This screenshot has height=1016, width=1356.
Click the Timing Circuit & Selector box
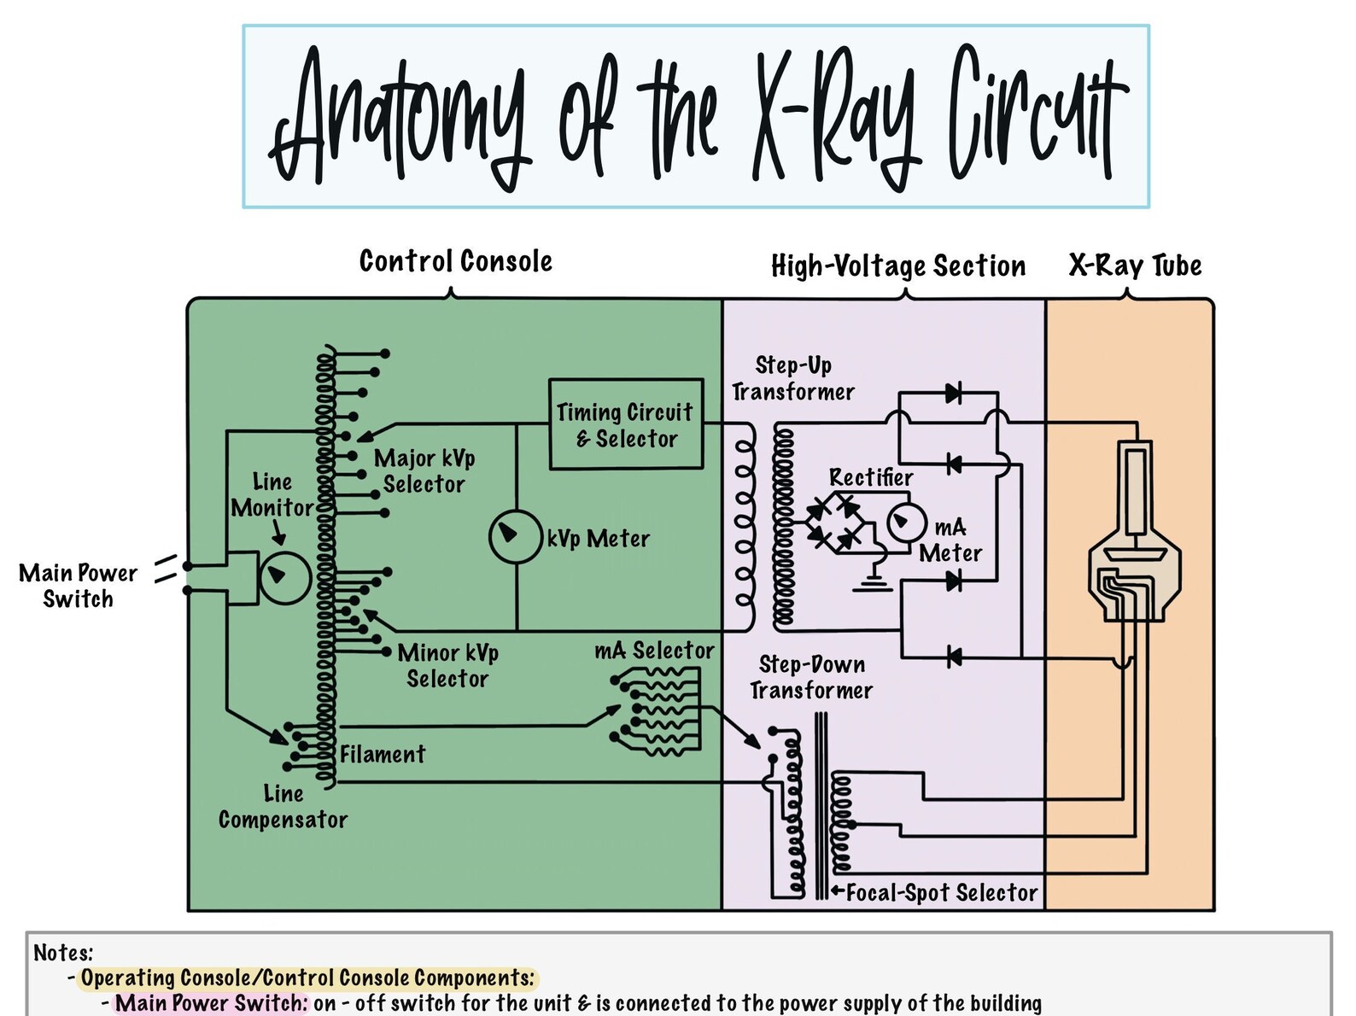pyautogui.click(x=626, y=424)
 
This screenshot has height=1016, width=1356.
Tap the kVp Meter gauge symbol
pyautogui.click(x=515, y=536)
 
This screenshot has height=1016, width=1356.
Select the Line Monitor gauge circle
pyautogui.click(x=284, y=578)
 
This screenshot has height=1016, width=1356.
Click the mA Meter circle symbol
pyautogui.click(x=906, y=523)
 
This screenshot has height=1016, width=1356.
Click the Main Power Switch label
pyautogui.click(x=78, y=586)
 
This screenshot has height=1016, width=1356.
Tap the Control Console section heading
pyautogui.click(x=455, y=261)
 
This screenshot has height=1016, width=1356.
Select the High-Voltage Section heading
pyautogui.click(x=897, y=266)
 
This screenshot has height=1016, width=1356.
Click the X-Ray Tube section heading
pyautogui.click(x=1135, y=266)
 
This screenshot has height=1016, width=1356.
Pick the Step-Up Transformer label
pyautogui.click(x=792, y=379)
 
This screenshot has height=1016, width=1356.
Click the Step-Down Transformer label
pyautogui.click(x=811, y=678)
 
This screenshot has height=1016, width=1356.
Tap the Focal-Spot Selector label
pyautogui.click(x=941, y=893)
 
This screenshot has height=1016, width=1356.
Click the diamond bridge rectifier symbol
pyautogui.click(x=833, y=523)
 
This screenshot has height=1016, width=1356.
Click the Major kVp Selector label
pyautogui.click(x=424, y=471)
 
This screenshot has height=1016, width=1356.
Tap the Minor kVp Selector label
pyautogui.click(x=447, y=666)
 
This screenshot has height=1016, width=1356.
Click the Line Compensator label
pyautogui.click(x=283, y=807)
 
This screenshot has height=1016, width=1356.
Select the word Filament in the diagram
pyautogui.click(x=382, y=755)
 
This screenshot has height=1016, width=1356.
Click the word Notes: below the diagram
pyautogui.click(x=63, y=953)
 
